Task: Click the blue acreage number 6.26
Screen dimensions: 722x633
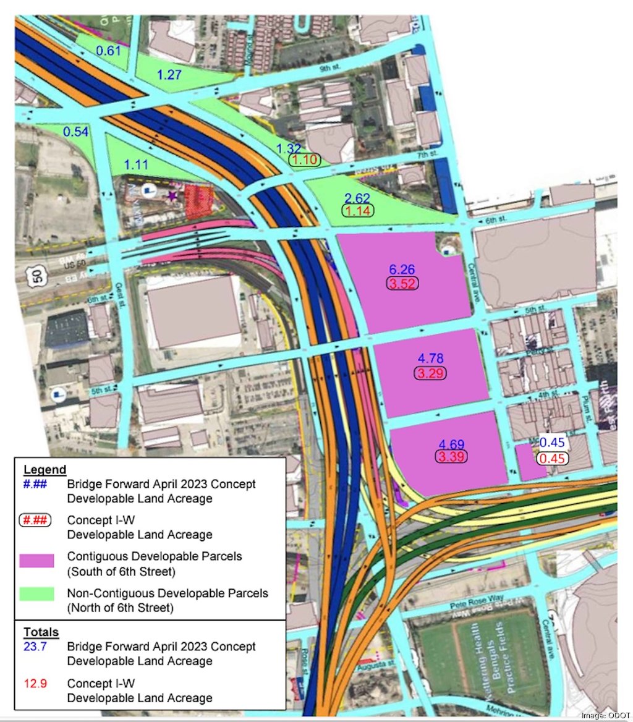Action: [402, 270]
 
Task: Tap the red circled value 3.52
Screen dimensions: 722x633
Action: [402, 284]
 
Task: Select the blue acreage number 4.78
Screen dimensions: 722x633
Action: [431, 359]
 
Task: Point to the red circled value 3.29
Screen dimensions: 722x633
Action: [431, 373]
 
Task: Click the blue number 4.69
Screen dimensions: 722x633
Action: [451, 443]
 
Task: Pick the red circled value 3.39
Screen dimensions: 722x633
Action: [451, 457]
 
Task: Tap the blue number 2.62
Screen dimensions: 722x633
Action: [357, 198]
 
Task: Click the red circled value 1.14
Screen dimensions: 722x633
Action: [357, 211]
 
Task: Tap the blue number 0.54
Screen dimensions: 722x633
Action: [76, 132]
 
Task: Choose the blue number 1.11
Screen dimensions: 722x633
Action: [137, 164]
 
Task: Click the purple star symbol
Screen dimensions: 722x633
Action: [171, 196]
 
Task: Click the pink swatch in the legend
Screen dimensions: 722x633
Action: [41, 562]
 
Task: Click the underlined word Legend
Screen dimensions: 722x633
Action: [45, 469]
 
